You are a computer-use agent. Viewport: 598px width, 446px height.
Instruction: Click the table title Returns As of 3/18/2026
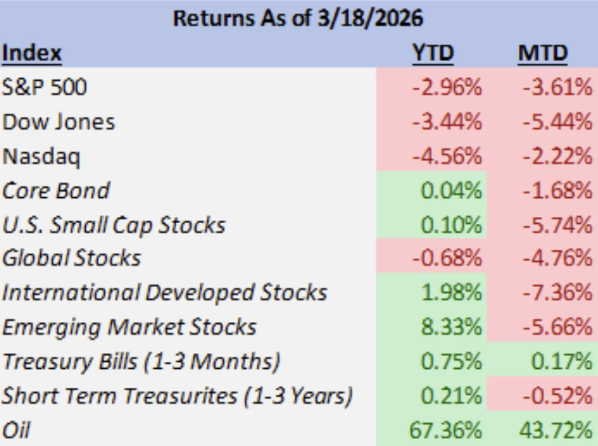(298, 18)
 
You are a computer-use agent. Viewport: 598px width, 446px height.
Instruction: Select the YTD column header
(433, 53)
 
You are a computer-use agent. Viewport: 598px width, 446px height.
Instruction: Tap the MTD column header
(542, 53)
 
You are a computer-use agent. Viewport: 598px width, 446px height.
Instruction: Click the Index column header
(32, 53)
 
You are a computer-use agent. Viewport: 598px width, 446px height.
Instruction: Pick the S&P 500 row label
(44, 87)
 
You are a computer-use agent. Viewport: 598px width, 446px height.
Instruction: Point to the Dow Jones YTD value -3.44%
(447, 122)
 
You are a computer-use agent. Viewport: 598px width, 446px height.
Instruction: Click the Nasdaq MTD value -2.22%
(558, 156)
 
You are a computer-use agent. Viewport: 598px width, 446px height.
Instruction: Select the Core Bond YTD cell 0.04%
(451, 190)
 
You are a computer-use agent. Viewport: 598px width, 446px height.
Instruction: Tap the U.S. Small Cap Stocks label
(114, 226)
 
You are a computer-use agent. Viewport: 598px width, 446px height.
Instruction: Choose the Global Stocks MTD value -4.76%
(558, 258)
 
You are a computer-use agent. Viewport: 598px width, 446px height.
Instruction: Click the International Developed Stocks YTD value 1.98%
(451, 293)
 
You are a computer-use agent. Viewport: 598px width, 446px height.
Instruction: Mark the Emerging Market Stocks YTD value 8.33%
(451, 327)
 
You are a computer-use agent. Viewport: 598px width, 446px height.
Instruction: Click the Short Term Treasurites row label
(177, 396)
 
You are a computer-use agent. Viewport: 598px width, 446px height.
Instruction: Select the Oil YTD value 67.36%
(446, 430)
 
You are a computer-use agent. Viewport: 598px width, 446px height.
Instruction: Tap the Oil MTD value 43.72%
(556, 430)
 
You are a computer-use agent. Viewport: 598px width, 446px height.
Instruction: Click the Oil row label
(16, 430)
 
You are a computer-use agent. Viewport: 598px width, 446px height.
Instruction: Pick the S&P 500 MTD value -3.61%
(558, 87)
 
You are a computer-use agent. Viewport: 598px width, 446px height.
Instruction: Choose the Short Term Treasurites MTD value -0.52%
(558, 396)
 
